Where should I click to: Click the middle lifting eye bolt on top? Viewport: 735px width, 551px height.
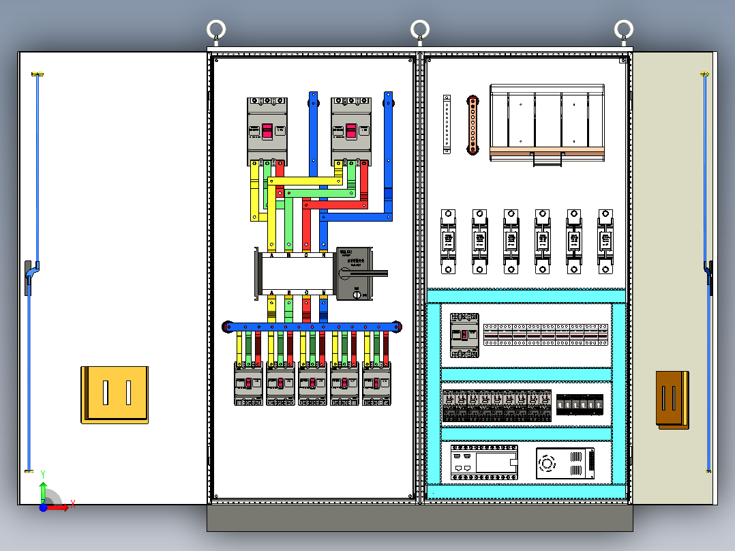(x=419, y=29)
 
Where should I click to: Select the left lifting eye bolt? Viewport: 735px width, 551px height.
(x=216, y=29)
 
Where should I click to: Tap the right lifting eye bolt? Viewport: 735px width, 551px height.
(x=623, y=29)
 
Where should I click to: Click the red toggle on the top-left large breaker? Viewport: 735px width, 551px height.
(x=267, y=131)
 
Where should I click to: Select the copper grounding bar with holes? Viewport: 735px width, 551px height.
(x=471, y=125)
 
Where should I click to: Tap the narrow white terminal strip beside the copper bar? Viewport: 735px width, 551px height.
(x=447, y=122)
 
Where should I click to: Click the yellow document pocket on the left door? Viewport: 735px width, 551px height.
(x=115, y=394)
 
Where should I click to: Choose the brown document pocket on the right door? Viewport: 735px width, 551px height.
(x=672, y=400)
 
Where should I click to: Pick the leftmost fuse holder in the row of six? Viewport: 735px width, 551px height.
(x=448, y=241)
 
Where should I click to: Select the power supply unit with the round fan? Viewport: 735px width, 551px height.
(x=565, y=464)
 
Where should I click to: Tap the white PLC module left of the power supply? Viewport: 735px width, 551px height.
(x=484, y=463)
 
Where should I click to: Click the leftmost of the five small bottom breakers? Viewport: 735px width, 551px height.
(x=248, y=383)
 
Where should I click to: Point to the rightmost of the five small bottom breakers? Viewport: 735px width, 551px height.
(x=377, y=383)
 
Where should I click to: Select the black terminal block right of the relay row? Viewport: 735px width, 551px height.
(x=580, y=405)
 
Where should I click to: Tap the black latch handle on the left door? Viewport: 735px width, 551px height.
(x=29, y=277)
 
